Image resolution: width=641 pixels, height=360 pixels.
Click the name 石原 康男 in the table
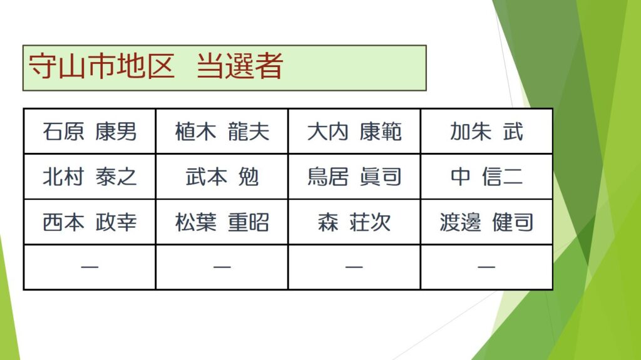pyautogui.click(x=90, y=131)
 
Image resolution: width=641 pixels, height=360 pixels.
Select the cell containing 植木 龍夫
pyautogui.click(x=222, y=131)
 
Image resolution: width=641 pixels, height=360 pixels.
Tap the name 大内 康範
pyautogui.click(x=354, y=131)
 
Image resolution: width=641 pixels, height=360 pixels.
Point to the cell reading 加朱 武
pyautogui.click(x=486, y=131)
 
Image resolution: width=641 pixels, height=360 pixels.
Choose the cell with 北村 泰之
pyautogui.click(x=90, y=177)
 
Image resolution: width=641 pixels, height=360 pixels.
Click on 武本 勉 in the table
pyautogui.click(x=222, y=177)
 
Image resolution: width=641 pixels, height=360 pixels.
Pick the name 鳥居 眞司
pyautogui.click(x=354, y=177)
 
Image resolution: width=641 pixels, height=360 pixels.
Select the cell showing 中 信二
pyautogui.click(x=486, y=177)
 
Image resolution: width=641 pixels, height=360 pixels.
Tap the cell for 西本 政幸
pyautogui.click(x=90, y=222)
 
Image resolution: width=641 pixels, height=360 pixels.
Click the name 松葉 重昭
pyautogui.click(x=222, y=222)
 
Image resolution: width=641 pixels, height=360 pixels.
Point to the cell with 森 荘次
pyautogui.click(x=354, y=222)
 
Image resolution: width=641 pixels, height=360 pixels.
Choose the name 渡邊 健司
pyautogui.click(x=486, y=222)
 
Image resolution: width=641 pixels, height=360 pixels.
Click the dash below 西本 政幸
pyautogui.click(x=90, y=267)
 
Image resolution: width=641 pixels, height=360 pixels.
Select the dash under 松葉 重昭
pyautogui.click(x=222, y=267)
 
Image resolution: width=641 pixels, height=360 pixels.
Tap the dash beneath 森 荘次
pyautogui.click(x=354, y=267)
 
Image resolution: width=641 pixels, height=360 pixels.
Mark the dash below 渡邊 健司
pyautogui.click(x=486, y=267)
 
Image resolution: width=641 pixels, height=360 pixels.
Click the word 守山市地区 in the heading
pyautogui.click(x=102, y=66)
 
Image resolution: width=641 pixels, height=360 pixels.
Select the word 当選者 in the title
pyautogui.click(x=240, y=66)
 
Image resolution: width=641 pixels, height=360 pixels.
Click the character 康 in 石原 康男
pyautogui.click(x=105, y=131)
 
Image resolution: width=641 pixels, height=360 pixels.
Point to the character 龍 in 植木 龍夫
pyautogui.click(x=238, y=131)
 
